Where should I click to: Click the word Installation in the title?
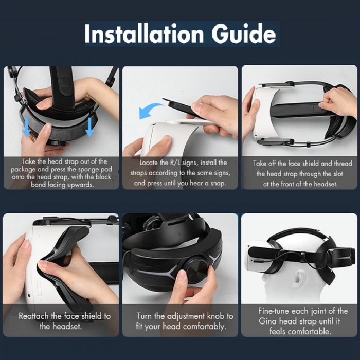(x=144, y=34)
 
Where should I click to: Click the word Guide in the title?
(x=244, y=33)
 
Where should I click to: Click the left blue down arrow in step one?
(x=26, y=127)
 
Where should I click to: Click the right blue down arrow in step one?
(x=89, y=127)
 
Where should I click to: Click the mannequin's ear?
(x=298, y=279)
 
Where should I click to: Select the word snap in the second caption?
(x=219, y=183)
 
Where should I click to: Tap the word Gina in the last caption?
(x=267, y=321)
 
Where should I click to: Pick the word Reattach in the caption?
(x=33, y=316)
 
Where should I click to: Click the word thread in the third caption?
(x=343, y=164)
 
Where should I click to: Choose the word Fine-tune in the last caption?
(x=274, y=311)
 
